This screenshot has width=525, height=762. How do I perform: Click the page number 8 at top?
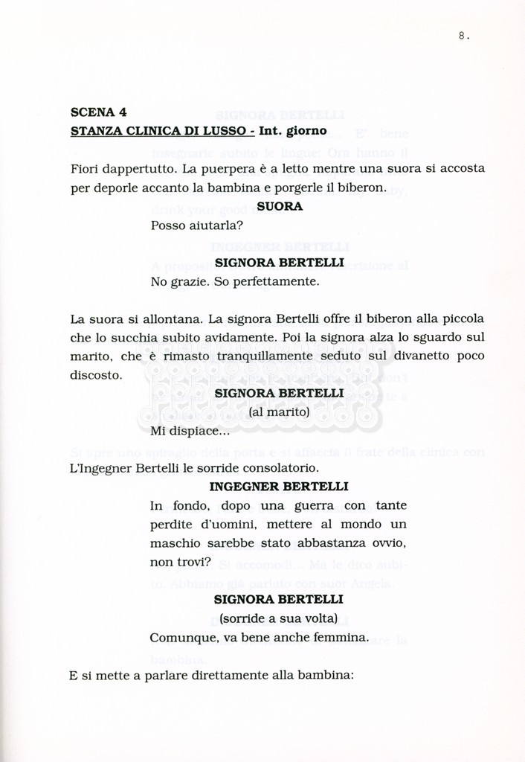pyautogui.click(x=463, y=35)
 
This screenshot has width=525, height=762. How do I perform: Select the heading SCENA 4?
pyautogui.click(x=98, y=112)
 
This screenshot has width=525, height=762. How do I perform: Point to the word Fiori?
pyautogui.click(x=86, y=169)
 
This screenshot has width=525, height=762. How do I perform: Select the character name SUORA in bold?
pyautogui.click(x=279, y=206)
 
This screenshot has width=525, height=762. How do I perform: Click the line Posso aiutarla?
pyautogui.click(x=192, y=225)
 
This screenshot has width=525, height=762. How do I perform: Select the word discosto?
pyautogui.click(x=97, y=375)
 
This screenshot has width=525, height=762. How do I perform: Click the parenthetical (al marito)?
pyautogui.click(x=279, y=412)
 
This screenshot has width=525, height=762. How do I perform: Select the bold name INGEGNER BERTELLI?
pyautogui.click(x=279, y=487)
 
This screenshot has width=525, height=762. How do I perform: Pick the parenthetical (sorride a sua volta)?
pyautogui.click(x=279, y=618)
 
